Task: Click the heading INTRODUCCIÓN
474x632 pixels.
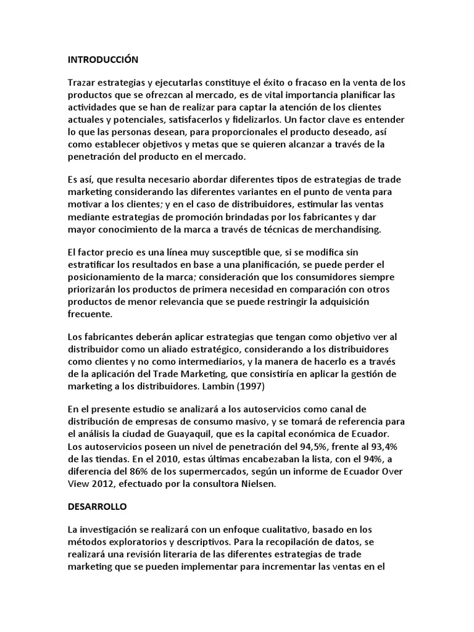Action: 103,60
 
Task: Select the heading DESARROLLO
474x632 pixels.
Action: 97,507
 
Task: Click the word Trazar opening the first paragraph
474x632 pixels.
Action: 83,82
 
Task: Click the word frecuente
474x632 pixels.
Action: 89,314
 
